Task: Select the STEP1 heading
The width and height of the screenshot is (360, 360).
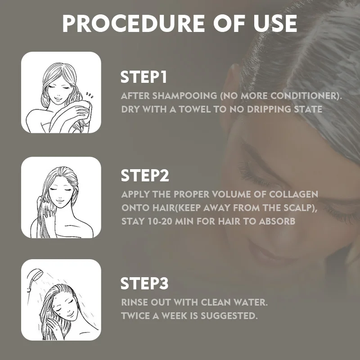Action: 144,77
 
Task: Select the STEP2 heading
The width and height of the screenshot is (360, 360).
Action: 144,175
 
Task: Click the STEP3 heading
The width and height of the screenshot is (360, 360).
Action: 144,283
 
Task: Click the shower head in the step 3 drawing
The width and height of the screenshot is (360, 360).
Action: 34,275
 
